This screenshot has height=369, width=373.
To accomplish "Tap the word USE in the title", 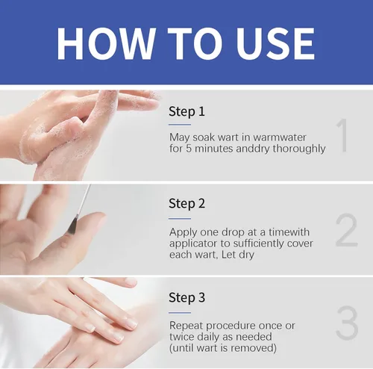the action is [x=275, y=44].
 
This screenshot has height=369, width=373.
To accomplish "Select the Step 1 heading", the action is [x=186, y=111].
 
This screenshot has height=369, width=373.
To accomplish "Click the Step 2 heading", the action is [x=187, y=204].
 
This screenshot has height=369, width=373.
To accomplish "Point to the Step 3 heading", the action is [x=187, y=297].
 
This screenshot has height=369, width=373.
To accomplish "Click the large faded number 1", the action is [x=342, y=135].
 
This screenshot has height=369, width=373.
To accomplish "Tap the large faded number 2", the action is [x=346, y=230].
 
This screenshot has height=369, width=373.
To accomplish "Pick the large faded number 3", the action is [x=347, y=323].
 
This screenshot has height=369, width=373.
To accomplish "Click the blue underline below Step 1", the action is [x=180, y=124].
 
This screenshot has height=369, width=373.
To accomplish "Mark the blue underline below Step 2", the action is [x=180, y=218].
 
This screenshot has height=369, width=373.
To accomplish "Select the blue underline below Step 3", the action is [x=180, y=312].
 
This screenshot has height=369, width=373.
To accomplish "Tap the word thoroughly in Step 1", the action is [x=299, y=149].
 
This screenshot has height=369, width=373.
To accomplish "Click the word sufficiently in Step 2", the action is [x=255, y=244].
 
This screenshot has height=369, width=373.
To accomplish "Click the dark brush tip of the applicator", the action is [x=72, y=226].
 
